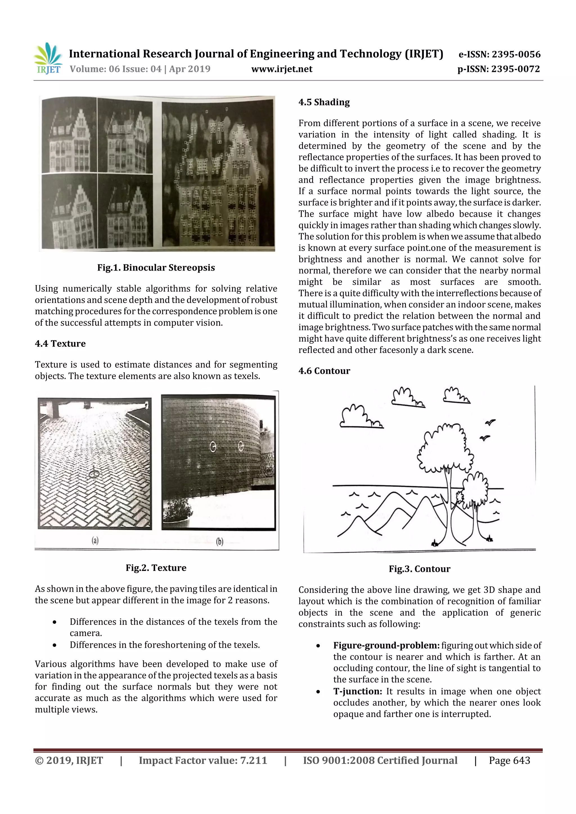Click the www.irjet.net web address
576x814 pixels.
pyautogui.click(x=282, y=69)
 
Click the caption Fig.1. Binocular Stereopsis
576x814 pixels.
pyautogui.click(x=156, y=268)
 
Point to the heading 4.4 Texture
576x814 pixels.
pyautogui.click(x=60, y=344)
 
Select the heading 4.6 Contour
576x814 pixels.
pyautogui.click(x=324, y=371)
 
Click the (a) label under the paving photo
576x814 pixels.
pyautogui.click(x=95, y=540)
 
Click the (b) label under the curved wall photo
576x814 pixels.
pyautogui.click(x=220, y=541)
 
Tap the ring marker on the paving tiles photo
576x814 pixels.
pyautogui.click(x=94, y=474)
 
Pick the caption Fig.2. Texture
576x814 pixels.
pyautogui.click(x=156, y=568)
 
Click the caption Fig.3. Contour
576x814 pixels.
pyautogui.click(x=420, y=569)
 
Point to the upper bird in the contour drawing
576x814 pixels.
pyautogui.click(x=490, y=423)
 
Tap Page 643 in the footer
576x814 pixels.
pyautogui.click(x=509, y=760)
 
